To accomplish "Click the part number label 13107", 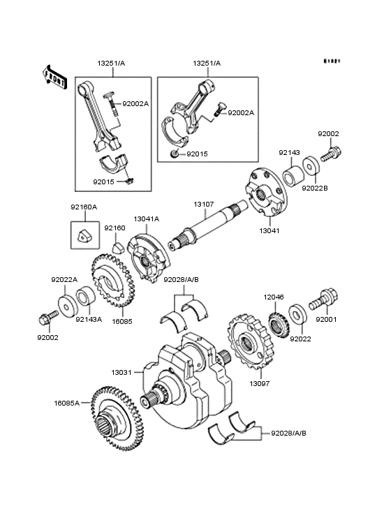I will (204, 205).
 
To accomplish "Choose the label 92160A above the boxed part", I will (83, 207).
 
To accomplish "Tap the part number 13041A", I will (147, 219).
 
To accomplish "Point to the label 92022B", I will (314, 187).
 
